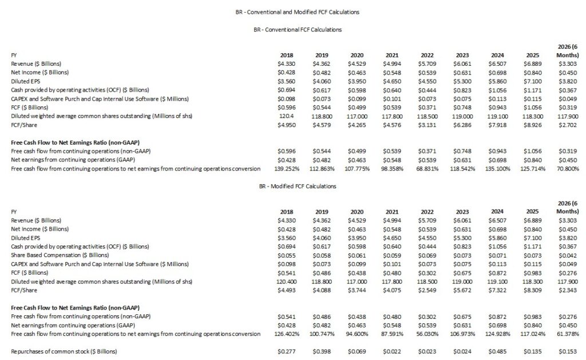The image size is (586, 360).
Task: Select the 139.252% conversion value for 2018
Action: click(x=283, y=168)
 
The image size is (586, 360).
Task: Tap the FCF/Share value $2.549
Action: click(x=426, y=290)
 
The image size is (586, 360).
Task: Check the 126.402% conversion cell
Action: click(x=283, y=334)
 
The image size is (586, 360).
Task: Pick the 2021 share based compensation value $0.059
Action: click(x=391, y=256)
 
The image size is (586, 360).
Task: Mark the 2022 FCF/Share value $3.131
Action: click(x=426, y=125)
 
